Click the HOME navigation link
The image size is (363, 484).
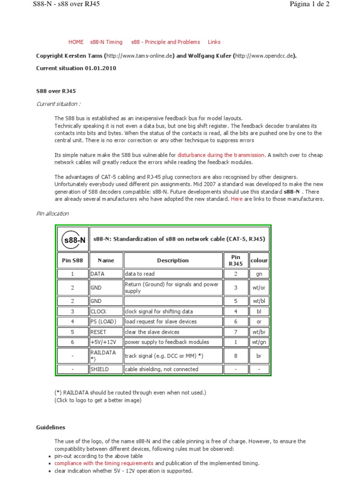coord(76,42)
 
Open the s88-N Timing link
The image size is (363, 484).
coord(106,42)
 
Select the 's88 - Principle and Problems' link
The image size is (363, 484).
coord(165,42)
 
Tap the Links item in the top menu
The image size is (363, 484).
coord(214,42)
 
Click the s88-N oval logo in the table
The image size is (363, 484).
coord(74,239)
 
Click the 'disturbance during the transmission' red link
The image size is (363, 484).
coord(221,155)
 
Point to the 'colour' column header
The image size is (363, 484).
coord(259,260)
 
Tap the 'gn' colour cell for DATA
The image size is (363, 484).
coord(259,274)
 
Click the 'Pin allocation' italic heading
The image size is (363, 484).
coord(52,214)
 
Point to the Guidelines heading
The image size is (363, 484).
coord(51,427)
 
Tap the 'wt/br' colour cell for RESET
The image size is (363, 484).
coord(259,332)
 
